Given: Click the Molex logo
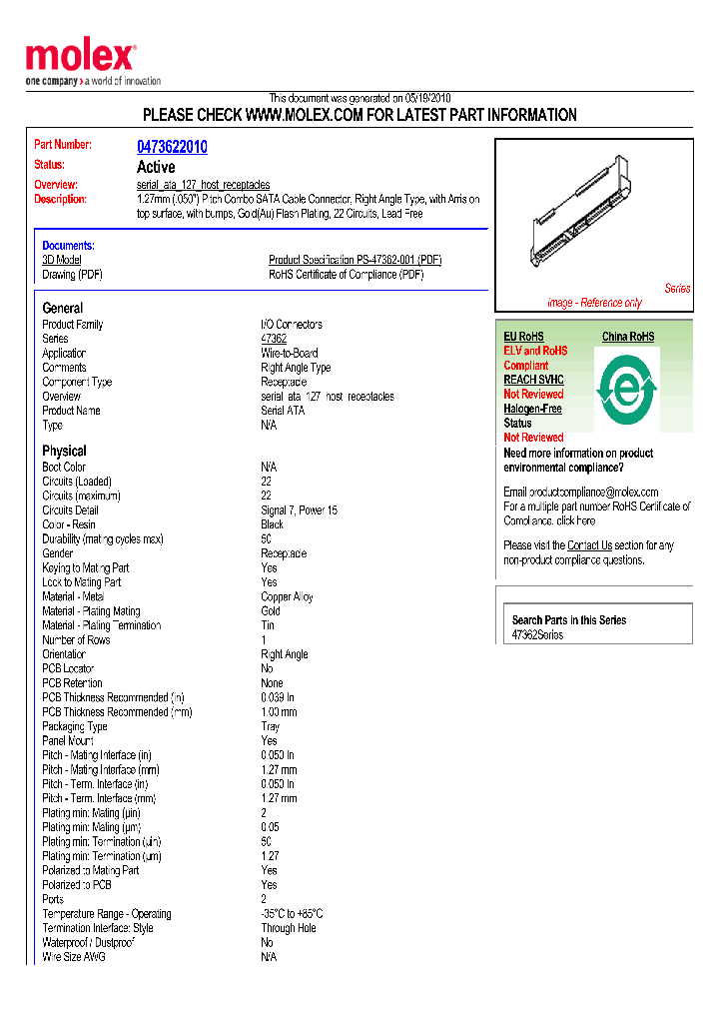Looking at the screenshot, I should pyautogui.click(x=80, y=58).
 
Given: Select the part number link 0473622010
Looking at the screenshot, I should pyautogui.click(x=172, y=147).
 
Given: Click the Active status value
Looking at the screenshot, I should pyautogui.click(x=156, y=167).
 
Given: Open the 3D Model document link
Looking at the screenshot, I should pyautogui.click(x=62, y=260).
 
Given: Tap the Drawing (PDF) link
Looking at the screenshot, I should pyautogui.click(x=72, y=275).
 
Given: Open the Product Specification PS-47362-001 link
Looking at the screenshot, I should pyautogui.click(x=355, y=260).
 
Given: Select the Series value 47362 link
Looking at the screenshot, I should pyautogui.click(x=274, y=339).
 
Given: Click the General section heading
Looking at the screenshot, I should pyautogui.click(x=63, y=308).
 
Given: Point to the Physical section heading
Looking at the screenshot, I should pyautogui.click(x=64, y=451).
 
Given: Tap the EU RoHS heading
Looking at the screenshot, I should pyautogui.click(x=523, y=337).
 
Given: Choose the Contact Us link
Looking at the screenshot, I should pyautogui.click(x=589, y=545).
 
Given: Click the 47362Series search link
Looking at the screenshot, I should pyautogui.click(x=537, y=635).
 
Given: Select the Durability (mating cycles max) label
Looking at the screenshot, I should pyautogui.click(x=102, y=539).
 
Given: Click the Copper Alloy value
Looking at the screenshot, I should pyautogui.click(x=288, y=596).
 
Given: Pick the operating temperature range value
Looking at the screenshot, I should pyautogui.click(x=292, y=914).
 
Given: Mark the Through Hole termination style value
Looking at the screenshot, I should pyautogui.click(x=290, y=928).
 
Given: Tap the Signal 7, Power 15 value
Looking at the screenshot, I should pyautogui.click(x=299, y=510).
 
